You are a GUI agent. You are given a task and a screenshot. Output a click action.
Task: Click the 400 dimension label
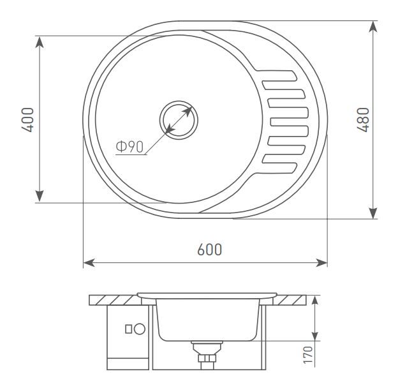tap(27, 119)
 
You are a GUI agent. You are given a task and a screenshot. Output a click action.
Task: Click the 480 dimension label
tap(363, 119)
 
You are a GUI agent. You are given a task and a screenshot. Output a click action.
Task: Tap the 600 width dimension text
tap(209, 250)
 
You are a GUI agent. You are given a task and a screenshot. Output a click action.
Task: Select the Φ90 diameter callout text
tap(129, 147)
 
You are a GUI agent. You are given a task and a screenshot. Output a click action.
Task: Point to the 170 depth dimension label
tap(307, 355)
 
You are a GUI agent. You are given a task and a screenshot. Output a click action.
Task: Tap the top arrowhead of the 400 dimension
tap(40, 42)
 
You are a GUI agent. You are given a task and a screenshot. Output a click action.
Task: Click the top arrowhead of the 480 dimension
tap(373, 27)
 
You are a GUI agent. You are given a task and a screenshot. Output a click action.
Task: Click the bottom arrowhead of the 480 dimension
tap(373, 213)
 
